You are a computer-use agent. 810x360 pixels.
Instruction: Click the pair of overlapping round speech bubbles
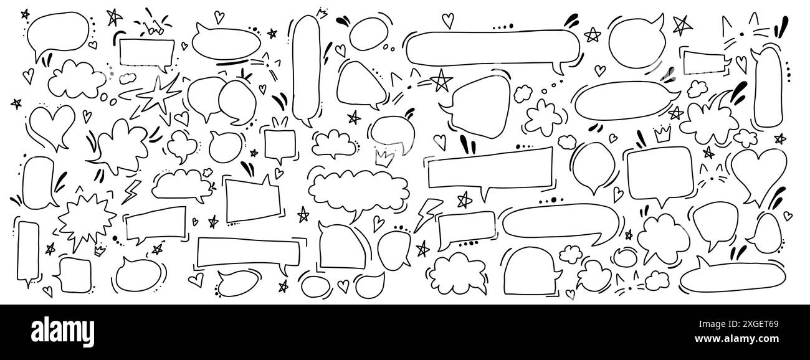[215, 99]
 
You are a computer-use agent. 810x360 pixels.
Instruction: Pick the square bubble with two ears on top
[278, 144]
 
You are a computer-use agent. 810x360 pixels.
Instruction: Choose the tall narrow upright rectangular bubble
[28, 249]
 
